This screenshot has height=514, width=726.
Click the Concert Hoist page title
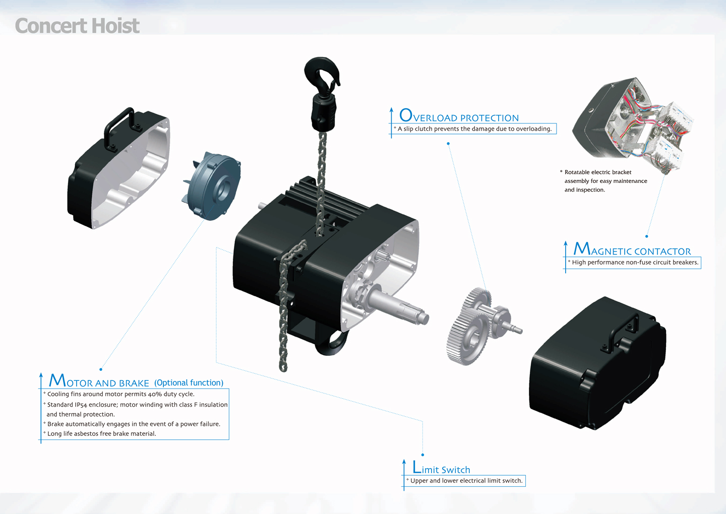(x=77, y=26)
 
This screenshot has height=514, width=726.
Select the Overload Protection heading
(x=459, y=115)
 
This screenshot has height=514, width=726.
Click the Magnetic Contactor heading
(x=632, y=249)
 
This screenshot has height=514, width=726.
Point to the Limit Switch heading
(x=441, y=467)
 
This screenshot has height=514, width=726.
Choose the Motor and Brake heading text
(x=99, y=380)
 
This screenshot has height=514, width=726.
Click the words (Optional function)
(x=189, y=382)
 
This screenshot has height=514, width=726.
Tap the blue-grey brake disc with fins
(x=212, y=186)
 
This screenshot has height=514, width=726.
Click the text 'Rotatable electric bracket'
(x=597, y=172)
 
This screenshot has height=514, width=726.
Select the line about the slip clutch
(x=474, y=128)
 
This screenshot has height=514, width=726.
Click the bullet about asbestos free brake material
(x=99, y=434)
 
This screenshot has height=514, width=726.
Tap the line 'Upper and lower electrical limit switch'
(x=464, y=481)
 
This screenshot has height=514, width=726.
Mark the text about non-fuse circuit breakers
(x=633, y=263)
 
